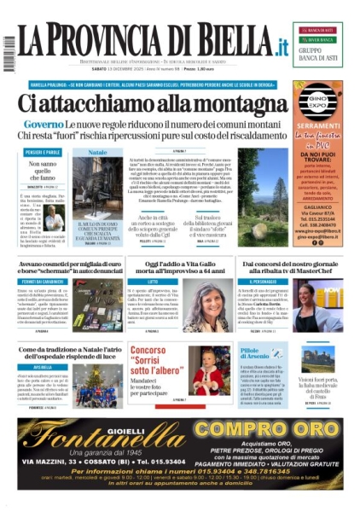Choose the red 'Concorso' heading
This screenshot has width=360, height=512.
pyautogui.click(x=148, y=350)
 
